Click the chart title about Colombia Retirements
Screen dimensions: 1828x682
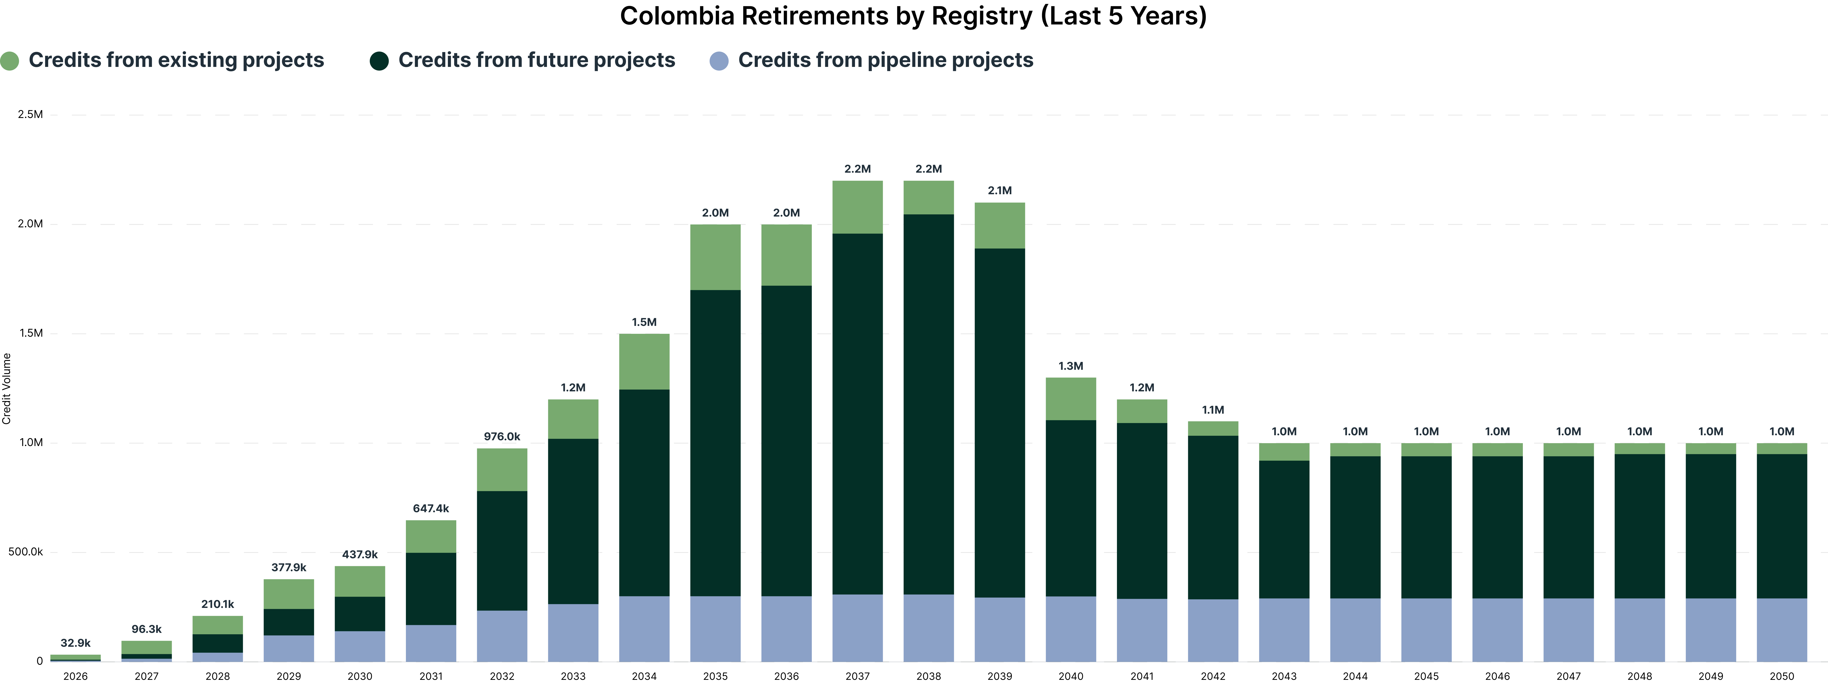[x=913, y=16]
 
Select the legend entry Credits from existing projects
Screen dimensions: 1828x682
[x=162, y=60]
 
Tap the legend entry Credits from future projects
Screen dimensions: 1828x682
[x=522, y=60]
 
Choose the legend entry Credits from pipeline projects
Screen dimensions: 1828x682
[x=872, y=60]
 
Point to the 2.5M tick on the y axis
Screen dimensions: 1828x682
[x=30, y=114]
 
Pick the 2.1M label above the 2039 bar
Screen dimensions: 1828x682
[x=1000, y=190]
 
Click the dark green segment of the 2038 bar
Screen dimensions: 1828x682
[x=929, y=405]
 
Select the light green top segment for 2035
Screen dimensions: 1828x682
[x=715, y=257]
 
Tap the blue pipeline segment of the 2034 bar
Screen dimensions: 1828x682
[x=644, y=629]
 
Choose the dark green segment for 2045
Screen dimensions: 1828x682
[x=1426, y=527]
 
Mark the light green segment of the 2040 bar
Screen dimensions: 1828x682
[x=1071, y=399]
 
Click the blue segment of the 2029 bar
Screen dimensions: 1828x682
[x=289, y=649]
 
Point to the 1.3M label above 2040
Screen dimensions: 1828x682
[x=1071, y=366]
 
